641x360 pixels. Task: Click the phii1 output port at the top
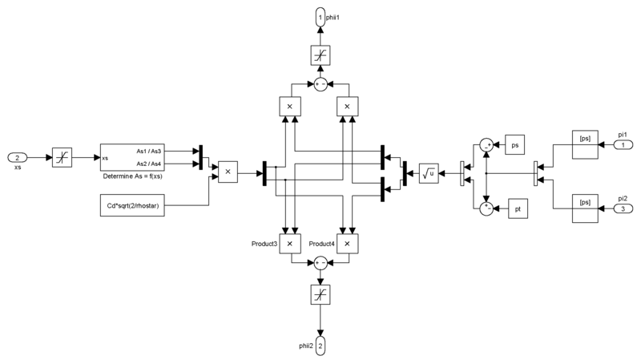click(x=320, y=17)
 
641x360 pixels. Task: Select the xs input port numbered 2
click(x=18, y=156)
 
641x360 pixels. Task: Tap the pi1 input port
click(x=620, y=144)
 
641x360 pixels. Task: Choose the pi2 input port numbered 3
click(x=620, y=209)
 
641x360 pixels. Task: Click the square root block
click(x=429, y=172)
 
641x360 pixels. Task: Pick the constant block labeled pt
click(x=515, y=209)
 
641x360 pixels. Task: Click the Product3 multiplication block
click(x=289, y=243)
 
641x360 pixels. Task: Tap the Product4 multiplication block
click(x=347, y=243)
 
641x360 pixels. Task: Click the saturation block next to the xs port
click(x=62, y=156)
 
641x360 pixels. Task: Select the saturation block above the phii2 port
click(x=320, y=294)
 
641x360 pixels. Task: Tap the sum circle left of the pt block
click(x=486, y=209)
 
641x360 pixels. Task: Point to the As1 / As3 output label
click(x=149, y=151)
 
